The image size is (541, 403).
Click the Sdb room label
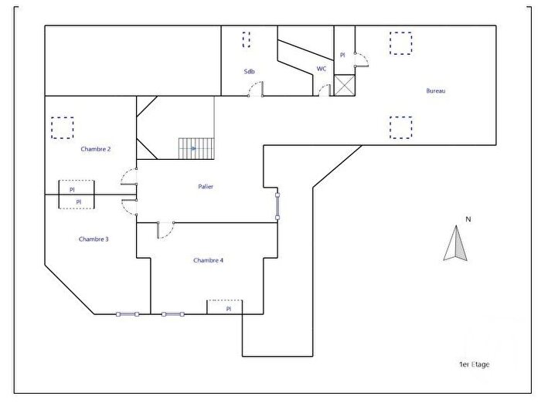(x=249, y=72)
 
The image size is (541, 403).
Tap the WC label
(x=322, y=69)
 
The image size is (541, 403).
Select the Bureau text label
(x=436, y=91)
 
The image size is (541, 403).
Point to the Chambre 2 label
(x=95, y=149)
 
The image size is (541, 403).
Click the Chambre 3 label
(x=94, y=239)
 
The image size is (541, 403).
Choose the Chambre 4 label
(x=208, y=261)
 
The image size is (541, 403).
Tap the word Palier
(x=206, y=187)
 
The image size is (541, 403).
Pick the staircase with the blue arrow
(x=196, y=148)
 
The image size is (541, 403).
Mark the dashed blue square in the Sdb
(x=247, y=39)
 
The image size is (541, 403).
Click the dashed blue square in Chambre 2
(x=62, y=126)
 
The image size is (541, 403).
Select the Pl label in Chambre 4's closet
(x=229, y=309)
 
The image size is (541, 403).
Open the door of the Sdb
(x=255, y=92)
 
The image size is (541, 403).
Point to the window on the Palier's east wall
(x=278, y=206)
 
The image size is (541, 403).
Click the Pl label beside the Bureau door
(x=343, y=55)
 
